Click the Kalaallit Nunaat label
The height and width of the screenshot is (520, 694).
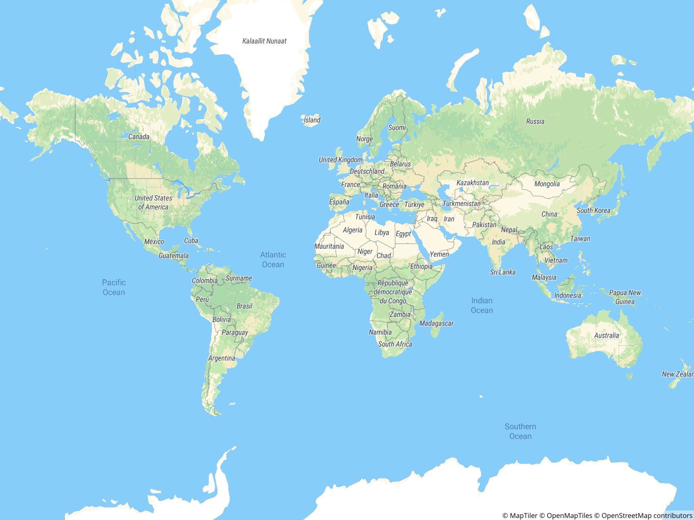coord(264,41)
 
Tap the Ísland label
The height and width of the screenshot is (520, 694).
coord(312,120)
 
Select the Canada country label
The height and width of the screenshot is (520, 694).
coord(139,137)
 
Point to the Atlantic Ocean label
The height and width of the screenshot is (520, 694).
coord(273,260)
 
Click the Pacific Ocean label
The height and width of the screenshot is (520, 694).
coord(114,287)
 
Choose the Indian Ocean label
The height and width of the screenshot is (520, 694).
coord(482,305)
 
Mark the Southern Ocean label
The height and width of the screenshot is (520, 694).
coord(520,431)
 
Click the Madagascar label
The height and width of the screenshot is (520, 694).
coord(436,323)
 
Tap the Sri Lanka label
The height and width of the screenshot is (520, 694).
coord(503,272)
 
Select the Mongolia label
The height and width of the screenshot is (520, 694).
coord(547,184)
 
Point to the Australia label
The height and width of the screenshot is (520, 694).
coord(606,335)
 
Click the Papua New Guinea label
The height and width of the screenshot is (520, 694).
coord(625,297)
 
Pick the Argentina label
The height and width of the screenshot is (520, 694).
coord(222,358)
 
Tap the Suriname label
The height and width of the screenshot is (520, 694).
coord(239,278)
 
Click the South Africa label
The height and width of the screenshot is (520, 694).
coord(395,344)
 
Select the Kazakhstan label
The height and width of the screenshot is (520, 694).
coord(472,183)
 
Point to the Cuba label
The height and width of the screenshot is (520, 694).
coord(191,241)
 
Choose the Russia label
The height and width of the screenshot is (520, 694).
coord(535,122)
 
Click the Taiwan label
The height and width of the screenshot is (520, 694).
coord(580,239)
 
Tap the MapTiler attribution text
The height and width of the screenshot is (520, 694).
coord(520,516)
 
